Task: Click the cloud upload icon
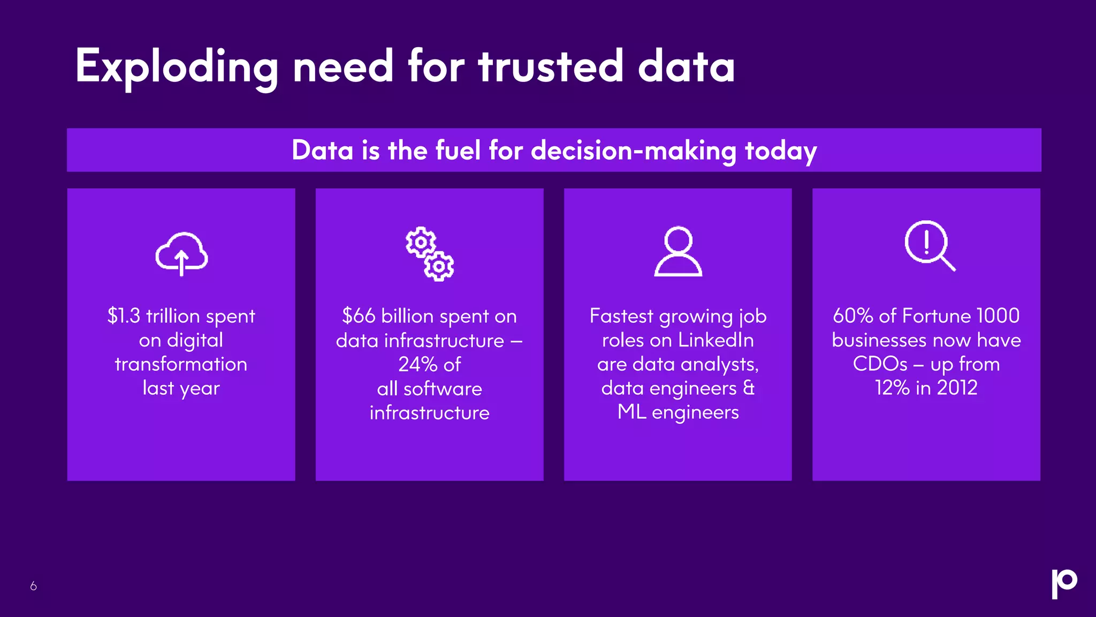coord(181,254)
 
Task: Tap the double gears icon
coord(429,254)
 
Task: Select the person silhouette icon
coord(678,252)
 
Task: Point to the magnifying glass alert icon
coord(929,246)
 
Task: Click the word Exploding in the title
coord(177,67)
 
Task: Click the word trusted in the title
coord(551,67)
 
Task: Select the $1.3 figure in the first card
coord(124,316)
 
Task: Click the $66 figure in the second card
coord(359,316)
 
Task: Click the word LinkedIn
coord(716,340)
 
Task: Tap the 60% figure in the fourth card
coord(853,316)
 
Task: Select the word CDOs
coord(880,364)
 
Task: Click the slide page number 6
coord(33,586)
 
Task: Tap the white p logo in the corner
coord(1064,583)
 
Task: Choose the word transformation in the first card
coord(181,364)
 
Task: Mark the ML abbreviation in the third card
coord(631,412)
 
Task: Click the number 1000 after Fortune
coord(998,316)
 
